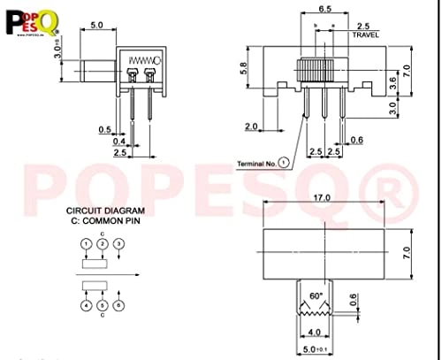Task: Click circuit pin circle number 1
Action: (x=86, y=243)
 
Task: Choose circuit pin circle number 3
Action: (x=120, y=243)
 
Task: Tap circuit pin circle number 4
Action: (x=86, y=306)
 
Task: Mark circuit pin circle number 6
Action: (x=120, y=306)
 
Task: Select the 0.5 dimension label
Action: (x=106, y=128)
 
